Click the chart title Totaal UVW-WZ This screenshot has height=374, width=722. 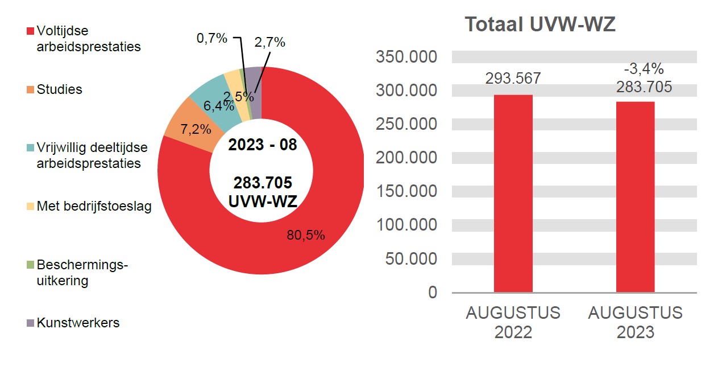click(540, 24)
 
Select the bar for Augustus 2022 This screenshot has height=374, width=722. click(513, 194)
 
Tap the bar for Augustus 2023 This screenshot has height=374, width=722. click(635, 197)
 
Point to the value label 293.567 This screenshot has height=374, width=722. click(513, 79)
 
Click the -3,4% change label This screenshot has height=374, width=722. click(644, 69)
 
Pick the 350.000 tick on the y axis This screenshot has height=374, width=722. click(406, 57)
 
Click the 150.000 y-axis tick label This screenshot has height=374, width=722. click(406, 191)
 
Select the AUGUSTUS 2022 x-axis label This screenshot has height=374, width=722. click(513, 322)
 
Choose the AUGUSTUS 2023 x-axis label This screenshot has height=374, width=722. click(635, 322)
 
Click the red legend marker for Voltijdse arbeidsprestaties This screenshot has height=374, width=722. click(30, 31)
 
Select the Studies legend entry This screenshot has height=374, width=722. click(59, 89)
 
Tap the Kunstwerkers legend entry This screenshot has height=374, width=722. click(78, 323)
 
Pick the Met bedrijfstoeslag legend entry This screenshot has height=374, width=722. click(94, 206)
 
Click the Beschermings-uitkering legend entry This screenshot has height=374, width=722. click(82, 273)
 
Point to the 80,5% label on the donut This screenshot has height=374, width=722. click(306, 235)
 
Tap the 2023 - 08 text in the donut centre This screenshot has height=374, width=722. click(262, 145)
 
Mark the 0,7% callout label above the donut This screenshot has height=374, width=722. click(211, 38)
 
